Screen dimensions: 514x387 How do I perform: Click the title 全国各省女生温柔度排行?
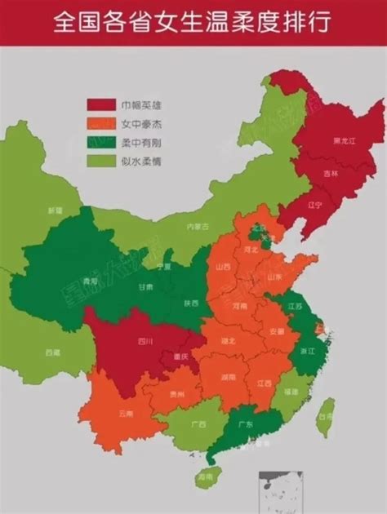193,22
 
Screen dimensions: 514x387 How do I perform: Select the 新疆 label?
55,211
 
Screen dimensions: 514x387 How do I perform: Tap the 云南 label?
125,414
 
